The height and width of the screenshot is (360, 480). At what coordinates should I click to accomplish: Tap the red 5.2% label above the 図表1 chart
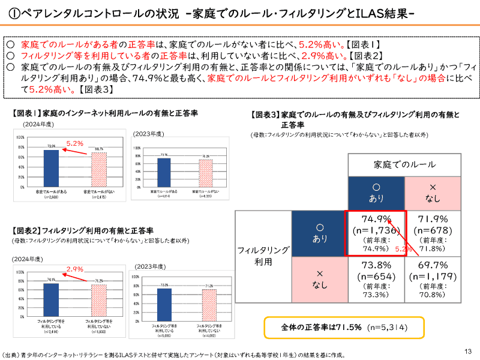pos(74,144)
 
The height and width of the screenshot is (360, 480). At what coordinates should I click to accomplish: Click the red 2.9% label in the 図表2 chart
pos(74,269)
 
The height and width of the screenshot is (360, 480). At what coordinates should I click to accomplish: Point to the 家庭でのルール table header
pos(404,164)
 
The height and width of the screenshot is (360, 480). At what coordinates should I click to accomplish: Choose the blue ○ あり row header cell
pos(319,233)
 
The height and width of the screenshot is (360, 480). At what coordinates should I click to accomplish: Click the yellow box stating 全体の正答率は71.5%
pos(344,328)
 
